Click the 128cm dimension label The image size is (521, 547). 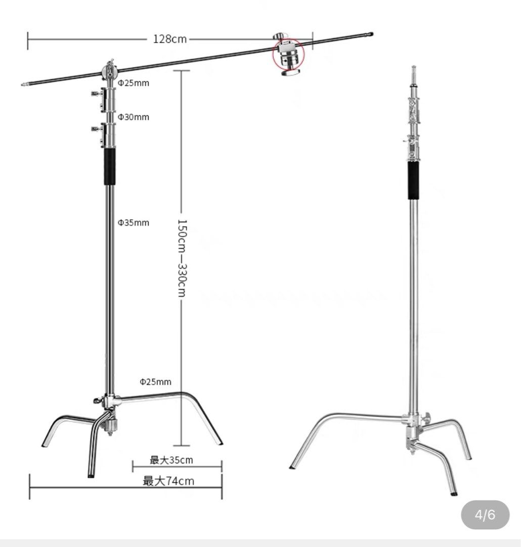coord(170,39)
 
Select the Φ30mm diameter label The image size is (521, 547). coord(134,117)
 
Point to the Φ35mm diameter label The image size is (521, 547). coord(134,222)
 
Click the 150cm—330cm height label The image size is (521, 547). coord(183,258)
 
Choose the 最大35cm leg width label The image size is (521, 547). coord(171,460)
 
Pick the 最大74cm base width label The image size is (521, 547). coord(168,481)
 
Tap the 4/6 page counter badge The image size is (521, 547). coord(485,516)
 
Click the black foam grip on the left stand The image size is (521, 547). coord(109,167)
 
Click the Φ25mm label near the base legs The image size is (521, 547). coord(156,381)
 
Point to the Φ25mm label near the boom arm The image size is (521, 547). coord(134,83)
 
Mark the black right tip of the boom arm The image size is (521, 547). coord(370,34)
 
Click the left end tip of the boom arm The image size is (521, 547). coord(24,85)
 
